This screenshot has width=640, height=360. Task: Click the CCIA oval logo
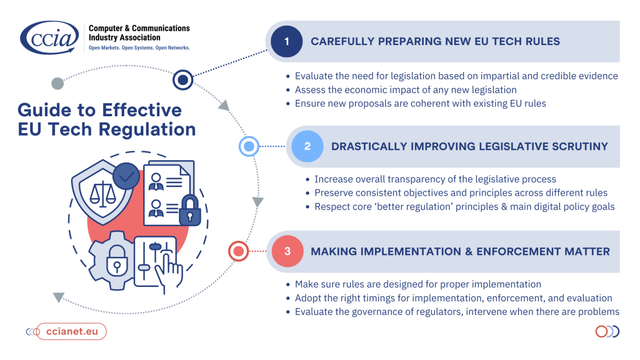click(49, 37)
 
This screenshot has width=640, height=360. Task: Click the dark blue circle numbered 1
click(286, 41)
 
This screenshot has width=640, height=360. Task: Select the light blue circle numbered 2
click(307, 146)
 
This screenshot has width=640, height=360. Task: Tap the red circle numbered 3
click(287, 251)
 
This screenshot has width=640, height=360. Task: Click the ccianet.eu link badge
click(71, 331)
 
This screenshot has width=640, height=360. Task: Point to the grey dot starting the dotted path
click(57, 83)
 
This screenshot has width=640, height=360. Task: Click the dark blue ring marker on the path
click(183, 79)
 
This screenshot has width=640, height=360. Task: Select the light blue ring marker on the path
click(249, 146)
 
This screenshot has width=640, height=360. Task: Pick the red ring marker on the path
click(238, 251)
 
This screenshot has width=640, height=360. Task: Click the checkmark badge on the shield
click(126, 176)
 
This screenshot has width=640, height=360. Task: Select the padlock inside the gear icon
click(117, 261)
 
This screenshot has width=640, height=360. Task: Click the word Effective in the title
click(142, 110)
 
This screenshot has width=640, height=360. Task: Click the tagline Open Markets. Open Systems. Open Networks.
click(139, 47)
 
